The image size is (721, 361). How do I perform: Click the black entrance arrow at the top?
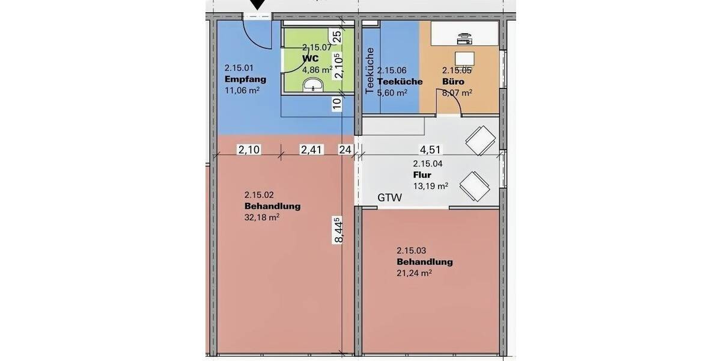click(258, 5)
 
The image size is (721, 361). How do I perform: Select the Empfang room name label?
click(245, 79)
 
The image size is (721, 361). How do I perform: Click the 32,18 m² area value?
click(262, 217)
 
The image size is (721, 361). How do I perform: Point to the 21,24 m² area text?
click(414, 273)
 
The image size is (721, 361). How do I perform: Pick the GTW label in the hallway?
click(389, 197)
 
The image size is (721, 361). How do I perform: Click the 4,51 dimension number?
click(430, 150)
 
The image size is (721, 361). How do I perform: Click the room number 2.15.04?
click(428, 164)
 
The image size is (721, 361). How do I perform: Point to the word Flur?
click(422, 175)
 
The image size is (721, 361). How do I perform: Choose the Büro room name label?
click(453, 81)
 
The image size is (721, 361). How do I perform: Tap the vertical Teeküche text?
click(370, 70)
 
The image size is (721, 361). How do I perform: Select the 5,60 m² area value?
click(392, 93)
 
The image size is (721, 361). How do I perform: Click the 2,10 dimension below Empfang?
click(248, 150)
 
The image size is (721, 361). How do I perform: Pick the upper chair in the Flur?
click(481, 140)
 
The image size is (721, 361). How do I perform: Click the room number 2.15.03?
click(412, 250)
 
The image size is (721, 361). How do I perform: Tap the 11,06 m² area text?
click(242, 91)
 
